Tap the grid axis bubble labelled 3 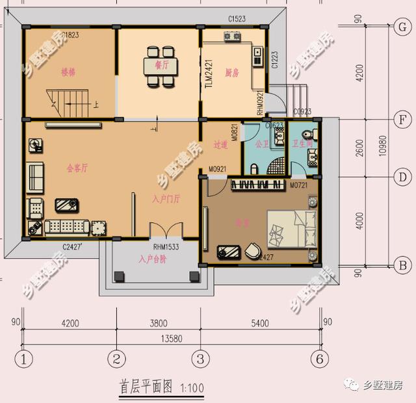pos(201,358)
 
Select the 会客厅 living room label pos(77,168)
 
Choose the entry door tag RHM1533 pos(166,247)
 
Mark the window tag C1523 pos(237,19)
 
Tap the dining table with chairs pos(159,65)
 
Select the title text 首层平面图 pos(146,387)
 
